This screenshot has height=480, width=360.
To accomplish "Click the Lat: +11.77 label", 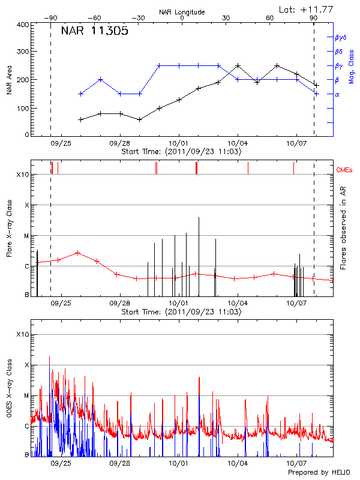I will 305,9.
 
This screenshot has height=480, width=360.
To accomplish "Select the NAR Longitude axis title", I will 182,12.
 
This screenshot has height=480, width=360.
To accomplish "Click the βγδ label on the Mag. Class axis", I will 341,37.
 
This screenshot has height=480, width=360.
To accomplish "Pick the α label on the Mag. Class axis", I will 337,94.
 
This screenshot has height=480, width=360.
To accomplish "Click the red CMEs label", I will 345,171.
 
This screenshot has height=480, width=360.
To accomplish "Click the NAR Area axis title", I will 8,80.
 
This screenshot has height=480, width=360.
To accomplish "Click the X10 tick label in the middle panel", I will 22,175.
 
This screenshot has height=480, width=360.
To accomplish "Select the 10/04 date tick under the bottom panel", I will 238,463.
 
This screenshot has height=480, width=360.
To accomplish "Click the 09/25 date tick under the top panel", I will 61,143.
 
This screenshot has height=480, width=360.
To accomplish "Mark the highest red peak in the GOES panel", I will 50,356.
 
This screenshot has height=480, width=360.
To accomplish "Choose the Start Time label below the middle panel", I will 182,313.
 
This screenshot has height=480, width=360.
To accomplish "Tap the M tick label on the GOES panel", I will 26,396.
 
